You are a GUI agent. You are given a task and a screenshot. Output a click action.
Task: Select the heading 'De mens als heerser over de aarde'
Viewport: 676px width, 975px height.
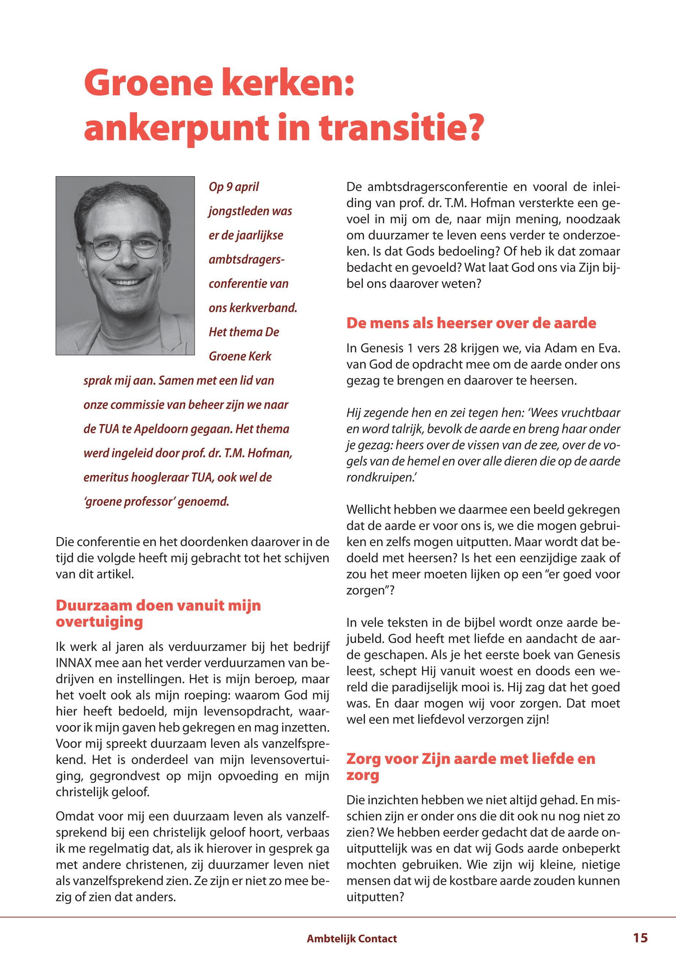coord(471,323)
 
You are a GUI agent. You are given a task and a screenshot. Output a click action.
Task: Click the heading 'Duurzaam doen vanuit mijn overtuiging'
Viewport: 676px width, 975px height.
coord(158,614)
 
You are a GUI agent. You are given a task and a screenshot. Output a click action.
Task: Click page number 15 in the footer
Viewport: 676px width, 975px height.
coord(640,938)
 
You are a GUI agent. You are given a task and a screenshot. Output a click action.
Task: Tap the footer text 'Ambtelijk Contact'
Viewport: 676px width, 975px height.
coord(351,939)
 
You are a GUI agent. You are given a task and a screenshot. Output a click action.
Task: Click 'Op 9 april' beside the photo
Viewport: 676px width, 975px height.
coord(233,187)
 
